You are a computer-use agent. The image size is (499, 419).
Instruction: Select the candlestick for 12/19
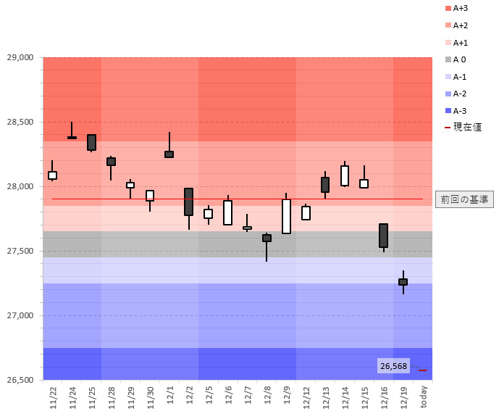point(403,281)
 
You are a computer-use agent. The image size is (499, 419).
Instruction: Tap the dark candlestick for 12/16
point(383,236)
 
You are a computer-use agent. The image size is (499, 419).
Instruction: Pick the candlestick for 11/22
point(52,175)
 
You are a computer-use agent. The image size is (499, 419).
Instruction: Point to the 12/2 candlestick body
point(188,202)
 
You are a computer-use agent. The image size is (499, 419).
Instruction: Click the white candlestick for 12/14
point(345,175)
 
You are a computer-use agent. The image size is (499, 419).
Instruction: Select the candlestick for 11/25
point(91,142)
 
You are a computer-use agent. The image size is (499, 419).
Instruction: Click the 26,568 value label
point(393,366)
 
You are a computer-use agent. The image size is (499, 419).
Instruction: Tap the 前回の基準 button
point(464,199)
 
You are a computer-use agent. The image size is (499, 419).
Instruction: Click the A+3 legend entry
point(461,8)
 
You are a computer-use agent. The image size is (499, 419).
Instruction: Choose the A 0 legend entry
point(459,59)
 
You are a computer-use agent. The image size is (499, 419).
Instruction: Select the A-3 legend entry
point(459,111)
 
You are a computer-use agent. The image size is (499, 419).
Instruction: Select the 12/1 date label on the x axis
point(169,397)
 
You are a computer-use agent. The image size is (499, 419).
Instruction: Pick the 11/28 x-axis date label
point(111,397)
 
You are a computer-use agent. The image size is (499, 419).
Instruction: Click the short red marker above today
point(422,370)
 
